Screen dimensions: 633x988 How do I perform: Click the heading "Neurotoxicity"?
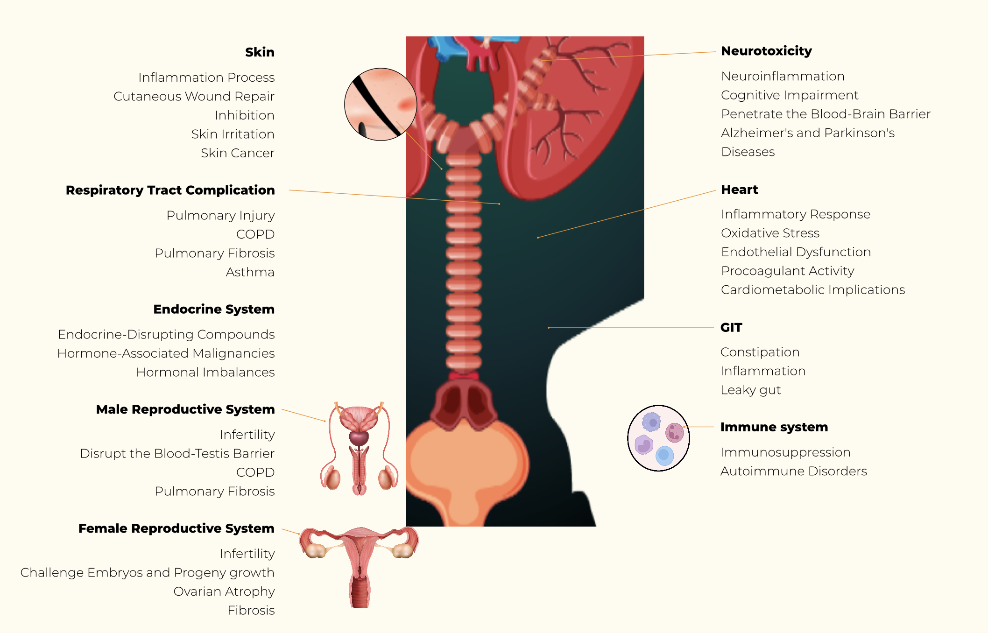tap(766, 51)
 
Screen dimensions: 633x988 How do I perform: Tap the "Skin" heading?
tap(260, 52)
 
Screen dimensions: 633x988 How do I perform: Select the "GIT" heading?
tap(731, 328)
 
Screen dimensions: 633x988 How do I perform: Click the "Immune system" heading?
tap(774, 427)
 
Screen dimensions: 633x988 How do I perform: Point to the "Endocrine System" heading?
tap(214, 309)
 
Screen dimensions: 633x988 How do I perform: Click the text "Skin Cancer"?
tap(237, 153)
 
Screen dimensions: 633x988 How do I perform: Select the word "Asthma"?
tap(250, 272)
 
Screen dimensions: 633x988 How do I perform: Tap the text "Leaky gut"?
tap(750, 390)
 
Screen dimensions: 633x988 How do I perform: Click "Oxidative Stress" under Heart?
tap(770, 233)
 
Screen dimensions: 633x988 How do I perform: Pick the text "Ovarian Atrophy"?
tap(224, 591)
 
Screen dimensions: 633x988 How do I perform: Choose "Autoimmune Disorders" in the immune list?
tap(793, 471)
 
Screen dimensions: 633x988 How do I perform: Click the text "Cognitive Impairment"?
tap(789, 95)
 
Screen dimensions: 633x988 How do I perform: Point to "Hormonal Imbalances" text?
tap(205, 373)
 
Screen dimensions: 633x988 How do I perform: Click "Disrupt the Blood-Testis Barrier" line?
tap(177, 454)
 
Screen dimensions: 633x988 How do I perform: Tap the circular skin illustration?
tap(381, 105)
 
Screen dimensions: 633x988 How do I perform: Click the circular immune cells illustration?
tap(658, 438)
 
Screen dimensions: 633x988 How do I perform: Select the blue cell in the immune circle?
tap(664, 455)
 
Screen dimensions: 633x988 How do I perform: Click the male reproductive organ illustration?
tap(359, 448)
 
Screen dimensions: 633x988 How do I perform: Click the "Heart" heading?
tap(739, 190)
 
